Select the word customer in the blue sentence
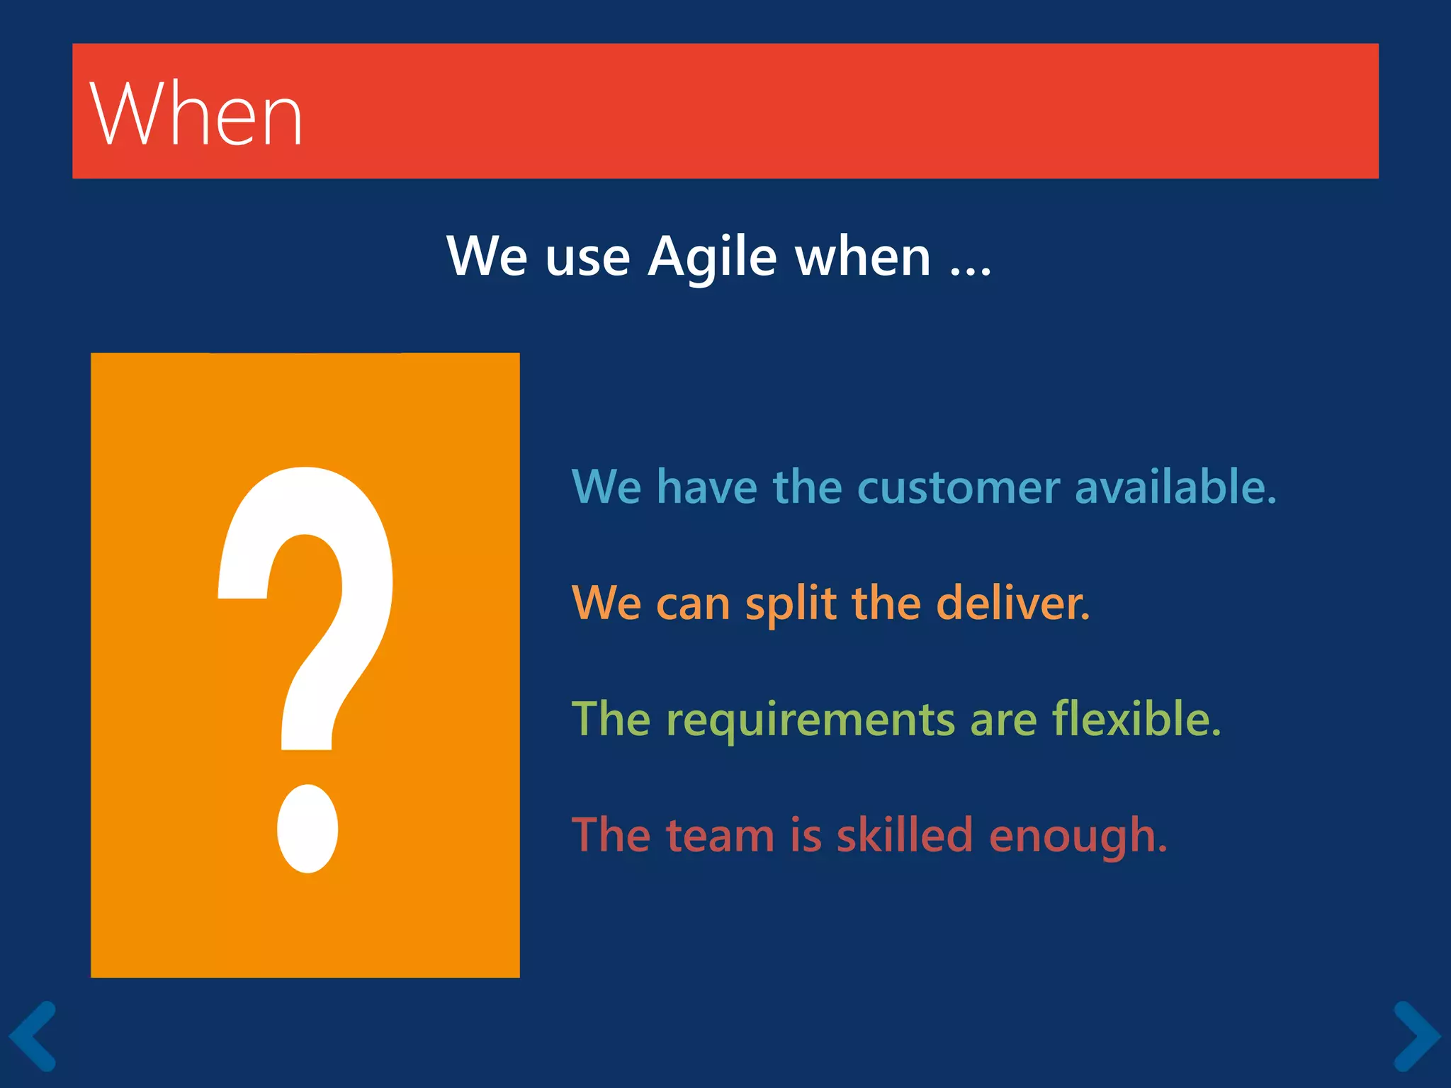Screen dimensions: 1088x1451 tap(959, 487)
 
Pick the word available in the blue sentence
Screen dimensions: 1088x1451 tap(1175, 487)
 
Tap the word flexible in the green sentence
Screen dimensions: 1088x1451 tap(1136, 719)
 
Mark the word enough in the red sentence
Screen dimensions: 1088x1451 tap(1077, 837)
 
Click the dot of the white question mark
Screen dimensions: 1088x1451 tap(307, 829)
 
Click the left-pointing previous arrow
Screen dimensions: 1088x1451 tap(33, 1036)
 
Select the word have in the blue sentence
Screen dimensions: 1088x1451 tap(706, 487)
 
